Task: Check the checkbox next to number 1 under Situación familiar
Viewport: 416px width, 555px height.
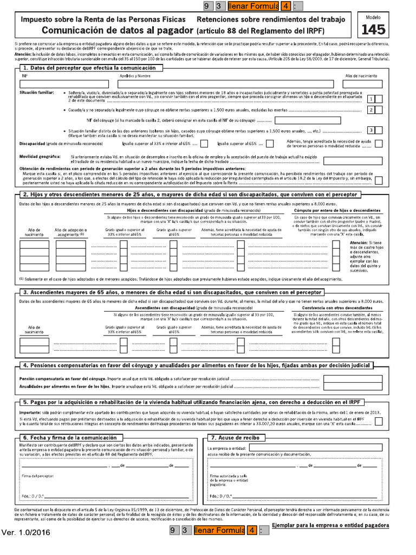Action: point(379,99)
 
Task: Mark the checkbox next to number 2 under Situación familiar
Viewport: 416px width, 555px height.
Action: point(379,110)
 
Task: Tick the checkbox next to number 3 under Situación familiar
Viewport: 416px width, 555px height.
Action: point(379,130)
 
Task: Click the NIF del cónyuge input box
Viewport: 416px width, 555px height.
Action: point(308,120)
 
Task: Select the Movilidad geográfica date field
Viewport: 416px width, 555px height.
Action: point(353,160)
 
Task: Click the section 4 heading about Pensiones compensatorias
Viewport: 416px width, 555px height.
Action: point(203,366)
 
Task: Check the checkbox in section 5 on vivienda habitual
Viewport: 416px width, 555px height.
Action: point(379,422)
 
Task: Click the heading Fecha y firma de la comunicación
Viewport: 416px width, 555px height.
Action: point(70,437)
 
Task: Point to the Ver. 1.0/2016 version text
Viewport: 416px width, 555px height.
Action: point(26,532)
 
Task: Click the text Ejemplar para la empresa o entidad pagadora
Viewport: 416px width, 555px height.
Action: point(330,525)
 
